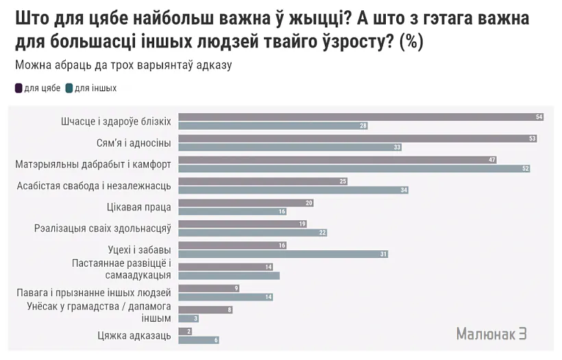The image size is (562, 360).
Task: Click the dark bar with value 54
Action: (x=361, y=117)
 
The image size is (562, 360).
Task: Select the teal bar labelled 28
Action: (x=274, y=125)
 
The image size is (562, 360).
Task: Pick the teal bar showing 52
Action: (x=354, y=168)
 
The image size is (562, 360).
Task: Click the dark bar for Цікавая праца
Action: (x=246, y=203)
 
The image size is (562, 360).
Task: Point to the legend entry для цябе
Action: (x=38, y=88)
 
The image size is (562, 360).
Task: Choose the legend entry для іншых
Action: (x=91, y=88)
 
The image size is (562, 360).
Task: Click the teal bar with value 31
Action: (x=284, y=254)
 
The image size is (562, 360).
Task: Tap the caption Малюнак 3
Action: (x=491, y=333)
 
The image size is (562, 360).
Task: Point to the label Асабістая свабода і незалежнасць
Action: (x=93, y=185)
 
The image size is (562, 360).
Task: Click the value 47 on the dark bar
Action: (x=491, y=160)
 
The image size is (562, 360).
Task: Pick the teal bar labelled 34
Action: (x=293, y=190)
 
